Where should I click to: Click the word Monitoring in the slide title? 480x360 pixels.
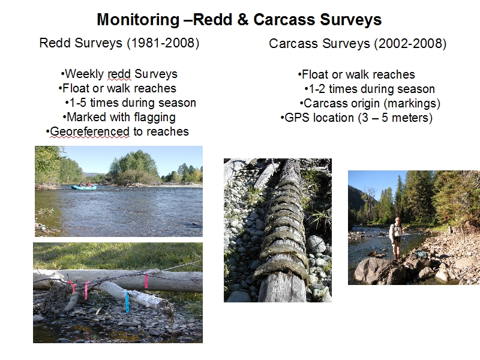click(x=138, y=20)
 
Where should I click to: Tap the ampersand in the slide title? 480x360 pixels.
click(x=242, y=20)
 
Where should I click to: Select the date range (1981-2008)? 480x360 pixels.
click(x=163, y=43)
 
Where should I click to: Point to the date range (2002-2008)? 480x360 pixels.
click(x=410, y=43)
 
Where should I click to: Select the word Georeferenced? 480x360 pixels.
click(x=89, y=131)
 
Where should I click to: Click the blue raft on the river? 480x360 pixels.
click(x=84, y=187)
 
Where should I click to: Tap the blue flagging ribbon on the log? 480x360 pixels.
click(x=127, y=302)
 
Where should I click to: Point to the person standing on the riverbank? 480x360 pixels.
click(x=397, y=239)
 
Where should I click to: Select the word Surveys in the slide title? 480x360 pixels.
click(x=350, y=20)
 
